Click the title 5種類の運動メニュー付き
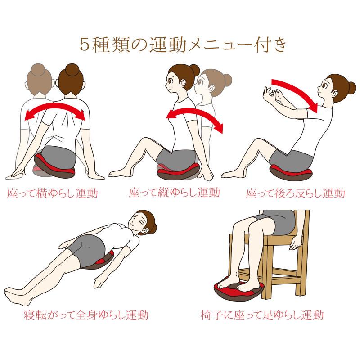pyautogui.click(x=183, y=45)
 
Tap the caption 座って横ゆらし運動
pyautogui.click(x=53, y=193)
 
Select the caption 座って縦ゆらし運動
pyautogui.click(x=175, y=193)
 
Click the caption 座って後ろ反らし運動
pyautogui.click(x=296, y=193)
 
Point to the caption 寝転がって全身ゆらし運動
pyautogui.click(x=86, y=315)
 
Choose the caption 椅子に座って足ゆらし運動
pyautogui.click(x=262, y=315)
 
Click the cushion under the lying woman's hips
pyautogui.click(x=100, y=261)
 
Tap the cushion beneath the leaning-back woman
pyautogui.click(x=291, y=172)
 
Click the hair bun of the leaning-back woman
pyautogui.click(x=351, y=88)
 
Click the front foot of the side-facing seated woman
pyautogui.click(x=118, y=173)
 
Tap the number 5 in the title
pyautogui.click(x=85, y=45)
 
